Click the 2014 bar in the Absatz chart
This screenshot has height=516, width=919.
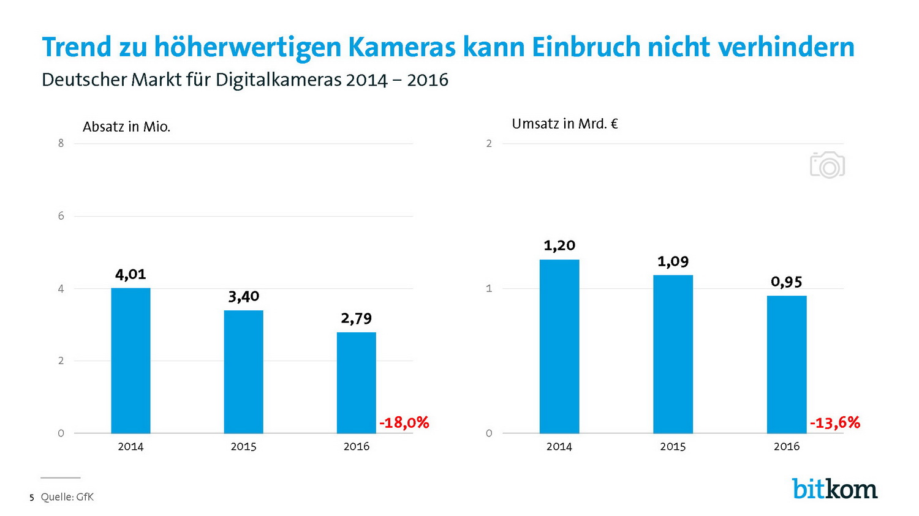click(x=130, y=361)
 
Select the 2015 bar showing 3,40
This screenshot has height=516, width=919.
click(x=243, y=372)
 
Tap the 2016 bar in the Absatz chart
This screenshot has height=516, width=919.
click(x=356, y=383)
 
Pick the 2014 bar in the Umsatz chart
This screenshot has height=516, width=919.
click(x=559, y=346)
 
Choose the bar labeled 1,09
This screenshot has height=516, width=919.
click(x=673, y=354)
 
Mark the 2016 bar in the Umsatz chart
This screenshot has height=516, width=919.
click(x=787, y=364)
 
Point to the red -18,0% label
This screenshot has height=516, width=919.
click(x=404, y=422)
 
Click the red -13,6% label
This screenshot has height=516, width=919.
click(x=835, y=422)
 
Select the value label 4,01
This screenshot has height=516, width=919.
click(x=130, y=274)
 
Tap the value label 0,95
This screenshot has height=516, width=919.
click(x=787, y=282)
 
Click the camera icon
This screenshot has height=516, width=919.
click(x=827, y=165)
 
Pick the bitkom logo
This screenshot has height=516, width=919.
click(x=834, y=488)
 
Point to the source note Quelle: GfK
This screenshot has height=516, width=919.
click(x=67, y=497)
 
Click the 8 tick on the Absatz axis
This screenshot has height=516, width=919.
click(x=61, y=143)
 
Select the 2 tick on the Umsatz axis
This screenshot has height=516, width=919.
click(x=489, y=143)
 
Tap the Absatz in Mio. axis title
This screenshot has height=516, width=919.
click(x=126, y=127)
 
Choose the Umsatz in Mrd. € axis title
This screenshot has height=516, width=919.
click(x=564, y=124)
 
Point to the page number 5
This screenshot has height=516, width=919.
click(x=32, y=498)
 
